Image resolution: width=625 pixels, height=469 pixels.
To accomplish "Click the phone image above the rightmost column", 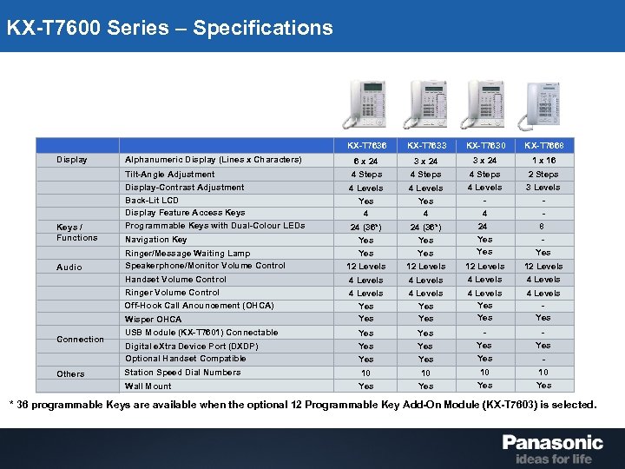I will (543, 106).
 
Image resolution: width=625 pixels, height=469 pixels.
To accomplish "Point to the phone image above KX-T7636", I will (365, 106).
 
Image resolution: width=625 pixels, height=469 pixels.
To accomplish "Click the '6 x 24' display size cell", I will (365, 161).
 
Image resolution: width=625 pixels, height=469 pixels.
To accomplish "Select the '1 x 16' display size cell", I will (543, 160).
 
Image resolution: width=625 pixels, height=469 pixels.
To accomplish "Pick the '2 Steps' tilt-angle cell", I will (543, 174).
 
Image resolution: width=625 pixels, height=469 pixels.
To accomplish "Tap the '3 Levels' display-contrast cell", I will (543, 188).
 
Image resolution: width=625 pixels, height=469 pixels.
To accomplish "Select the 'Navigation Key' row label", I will (155, 239).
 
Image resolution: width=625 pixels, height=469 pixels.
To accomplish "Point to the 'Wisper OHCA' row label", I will (153, 319).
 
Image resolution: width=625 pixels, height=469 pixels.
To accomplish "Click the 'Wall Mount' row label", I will (148, 386).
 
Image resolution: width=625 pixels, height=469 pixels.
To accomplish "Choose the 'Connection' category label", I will (80, 339).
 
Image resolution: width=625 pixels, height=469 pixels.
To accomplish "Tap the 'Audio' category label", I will (69, 267).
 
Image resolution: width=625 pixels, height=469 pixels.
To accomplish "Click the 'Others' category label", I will (70, 373).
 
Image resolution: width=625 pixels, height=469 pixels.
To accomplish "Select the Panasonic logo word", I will (552, 443).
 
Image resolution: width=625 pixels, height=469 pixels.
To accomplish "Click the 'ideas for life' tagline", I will (553, 459).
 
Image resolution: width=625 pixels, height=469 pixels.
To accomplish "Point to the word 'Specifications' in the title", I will (262, 28).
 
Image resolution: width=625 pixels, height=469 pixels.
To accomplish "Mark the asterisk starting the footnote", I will (11, 405).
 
